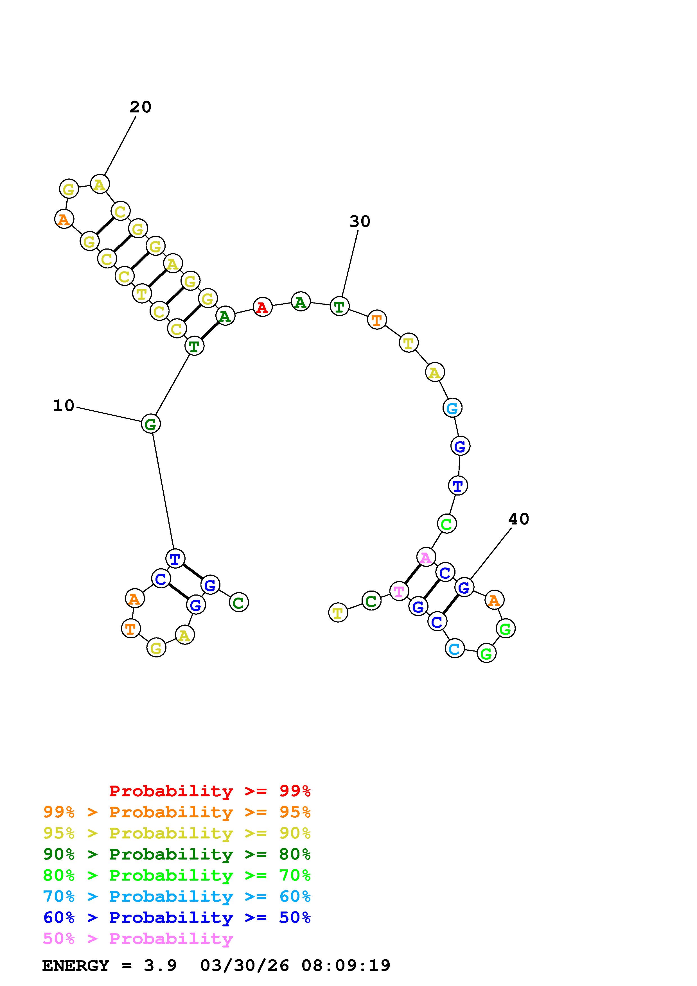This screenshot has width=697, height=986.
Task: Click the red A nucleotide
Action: (262, 307)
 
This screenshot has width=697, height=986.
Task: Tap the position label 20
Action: (140, 107)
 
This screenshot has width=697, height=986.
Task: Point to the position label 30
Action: (359, 221)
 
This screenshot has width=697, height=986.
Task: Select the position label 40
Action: (518, 519)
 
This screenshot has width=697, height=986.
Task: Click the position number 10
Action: (64, 405)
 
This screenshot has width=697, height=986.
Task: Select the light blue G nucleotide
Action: (452, 408)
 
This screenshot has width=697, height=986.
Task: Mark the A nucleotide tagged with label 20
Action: (100, 185)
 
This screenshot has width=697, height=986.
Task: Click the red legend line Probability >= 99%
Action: (209, 791)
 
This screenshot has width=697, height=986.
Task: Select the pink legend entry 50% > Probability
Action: (138, 939)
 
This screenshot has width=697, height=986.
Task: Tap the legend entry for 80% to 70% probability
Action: (177, 875)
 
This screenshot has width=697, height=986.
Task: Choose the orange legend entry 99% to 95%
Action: (177, 812)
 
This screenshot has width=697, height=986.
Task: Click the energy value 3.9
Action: (160, 966)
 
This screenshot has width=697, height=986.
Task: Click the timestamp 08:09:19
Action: (346, 966)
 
